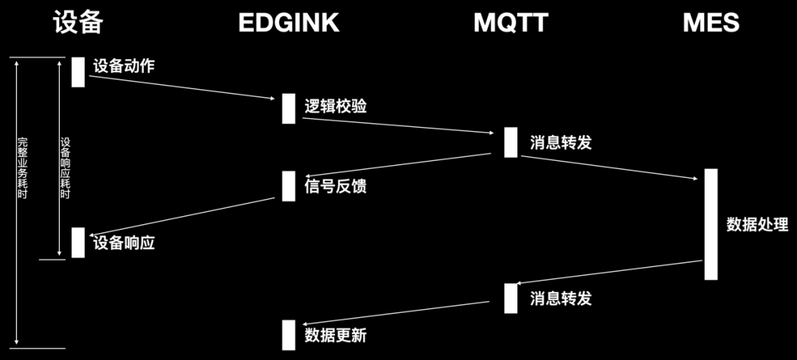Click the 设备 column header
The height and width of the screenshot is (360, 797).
click(77, 23)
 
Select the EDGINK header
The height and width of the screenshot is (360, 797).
click(289, 23)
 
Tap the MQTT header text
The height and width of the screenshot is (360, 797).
click(511, 23)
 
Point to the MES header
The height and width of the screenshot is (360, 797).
click(711, 23)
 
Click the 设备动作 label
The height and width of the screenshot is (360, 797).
click(124, 66)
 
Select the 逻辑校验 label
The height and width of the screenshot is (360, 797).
click(336, 106)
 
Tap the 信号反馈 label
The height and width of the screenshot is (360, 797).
click(336, 186)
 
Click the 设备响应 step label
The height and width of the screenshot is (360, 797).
click(124, 243)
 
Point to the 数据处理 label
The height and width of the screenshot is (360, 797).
click(757, 225)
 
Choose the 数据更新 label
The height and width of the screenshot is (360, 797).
click(336, 336)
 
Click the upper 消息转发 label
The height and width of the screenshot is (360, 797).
click(561, 142)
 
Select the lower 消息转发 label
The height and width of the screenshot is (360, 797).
click(561, 299)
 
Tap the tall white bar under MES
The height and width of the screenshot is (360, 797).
click(711, 224)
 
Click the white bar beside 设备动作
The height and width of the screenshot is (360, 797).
click(78, 72)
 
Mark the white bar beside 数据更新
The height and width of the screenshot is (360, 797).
click(289, 335)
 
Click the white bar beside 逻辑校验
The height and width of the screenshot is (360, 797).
click(289, 108)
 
